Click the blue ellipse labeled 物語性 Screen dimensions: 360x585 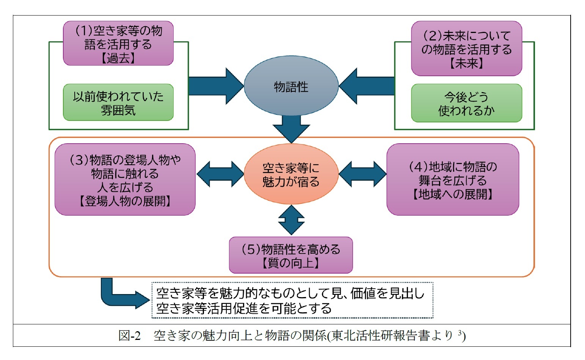point(291,87)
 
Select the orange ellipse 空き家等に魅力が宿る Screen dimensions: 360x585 point(291,175)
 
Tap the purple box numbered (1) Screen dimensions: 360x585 point(118,44)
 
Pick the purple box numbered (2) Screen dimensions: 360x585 point(466,49)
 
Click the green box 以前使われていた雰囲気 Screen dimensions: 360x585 point(118,103)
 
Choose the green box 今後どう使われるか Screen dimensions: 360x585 point(466,103)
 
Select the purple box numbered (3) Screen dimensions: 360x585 point(125,180)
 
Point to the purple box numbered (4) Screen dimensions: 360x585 point(453,180)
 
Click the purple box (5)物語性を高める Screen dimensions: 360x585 point(291,255)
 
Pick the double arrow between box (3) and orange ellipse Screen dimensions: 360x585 point(220,174)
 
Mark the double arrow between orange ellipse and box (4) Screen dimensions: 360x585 point(362,174)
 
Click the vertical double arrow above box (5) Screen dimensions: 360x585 point(291,221)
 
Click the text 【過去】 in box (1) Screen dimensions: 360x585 point(118,58)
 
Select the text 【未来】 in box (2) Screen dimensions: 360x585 point(466,63)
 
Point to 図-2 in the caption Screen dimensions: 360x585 point(130,336)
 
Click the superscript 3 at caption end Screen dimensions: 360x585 point(459,333)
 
